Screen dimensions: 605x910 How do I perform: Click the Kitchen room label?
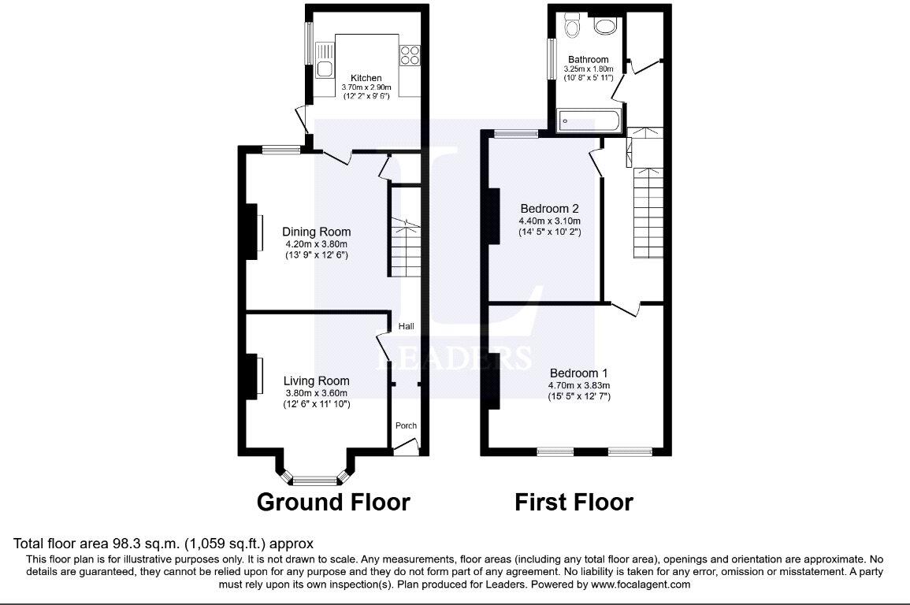pos(366,78)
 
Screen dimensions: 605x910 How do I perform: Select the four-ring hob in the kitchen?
pos(410,55)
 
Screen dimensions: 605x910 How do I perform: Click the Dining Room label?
pos(317,232)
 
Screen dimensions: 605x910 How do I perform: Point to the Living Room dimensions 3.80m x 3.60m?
pos(316,393)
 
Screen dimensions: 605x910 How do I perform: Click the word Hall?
pos(406,326)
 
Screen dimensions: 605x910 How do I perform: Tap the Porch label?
pos(406,425)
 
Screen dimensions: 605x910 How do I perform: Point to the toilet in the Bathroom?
pos(573,28)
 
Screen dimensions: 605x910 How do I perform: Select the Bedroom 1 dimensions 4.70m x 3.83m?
pos(579,385)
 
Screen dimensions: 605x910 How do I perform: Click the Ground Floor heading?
pos(333,502)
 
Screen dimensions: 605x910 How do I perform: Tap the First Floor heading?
pos(574,502)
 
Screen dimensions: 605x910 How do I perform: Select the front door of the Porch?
pos(406,449)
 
